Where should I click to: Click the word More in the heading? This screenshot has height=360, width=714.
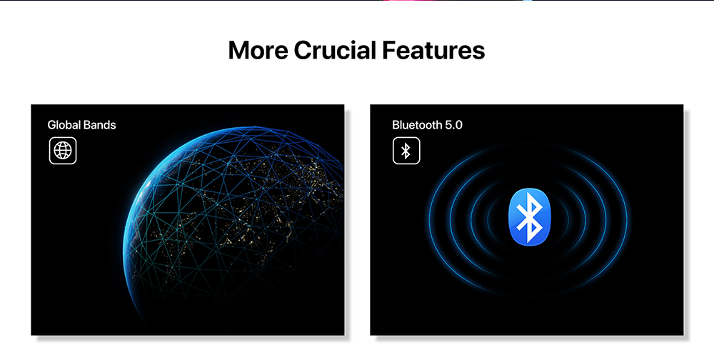click(258, 50)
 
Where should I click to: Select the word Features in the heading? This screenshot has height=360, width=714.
click(433, 50)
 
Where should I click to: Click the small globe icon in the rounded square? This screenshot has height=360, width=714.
click(63, 151)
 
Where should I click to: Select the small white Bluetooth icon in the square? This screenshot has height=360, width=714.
click(406, 151)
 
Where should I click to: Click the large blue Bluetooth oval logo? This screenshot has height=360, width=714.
click(529, 217)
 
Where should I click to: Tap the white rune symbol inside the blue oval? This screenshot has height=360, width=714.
click(529, 218)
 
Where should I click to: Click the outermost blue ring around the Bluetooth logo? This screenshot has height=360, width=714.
click(429, 218)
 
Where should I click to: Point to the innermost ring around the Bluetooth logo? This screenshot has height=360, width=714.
click(488, 218)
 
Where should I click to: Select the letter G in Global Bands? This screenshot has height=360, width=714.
click(52, 125)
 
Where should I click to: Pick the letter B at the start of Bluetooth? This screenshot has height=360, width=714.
click(396, 125)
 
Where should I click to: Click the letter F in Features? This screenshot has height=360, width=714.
click(388, 50)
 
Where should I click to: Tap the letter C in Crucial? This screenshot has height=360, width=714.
click(303, 50)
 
